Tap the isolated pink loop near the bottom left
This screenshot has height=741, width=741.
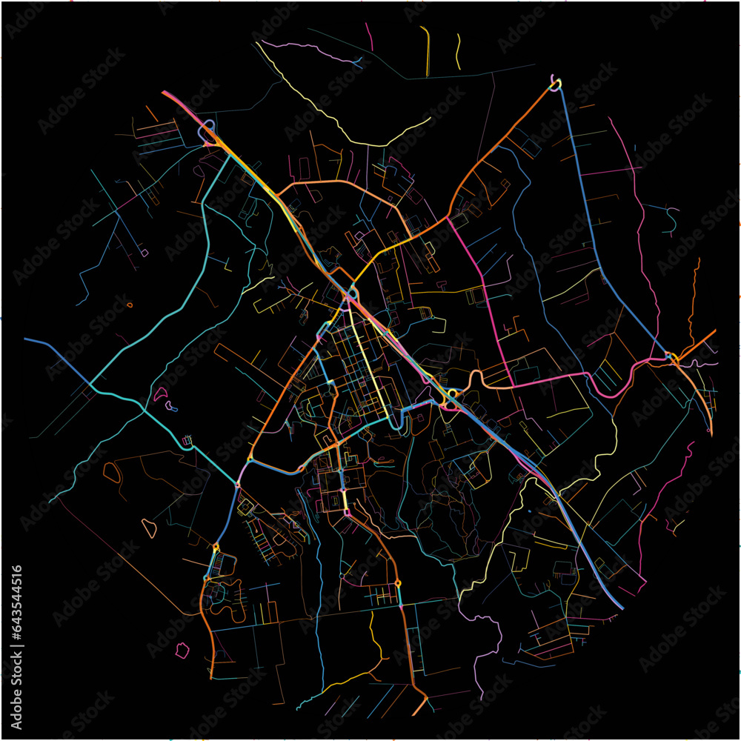coord(181,651)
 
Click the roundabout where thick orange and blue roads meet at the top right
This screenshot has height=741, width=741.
coord(555,84)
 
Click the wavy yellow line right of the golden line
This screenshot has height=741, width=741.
coord(459,51)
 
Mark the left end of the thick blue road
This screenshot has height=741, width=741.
coord(27,339)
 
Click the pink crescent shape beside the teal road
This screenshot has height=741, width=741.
coord(159,394)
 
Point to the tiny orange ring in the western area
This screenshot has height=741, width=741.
coord(130,304)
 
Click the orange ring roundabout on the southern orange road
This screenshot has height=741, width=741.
coord(399,584)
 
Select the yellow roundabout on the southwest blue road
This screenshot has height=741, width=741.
coord(216,548)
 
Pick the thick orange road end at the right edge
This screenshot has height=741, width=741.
coord(714,331)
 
